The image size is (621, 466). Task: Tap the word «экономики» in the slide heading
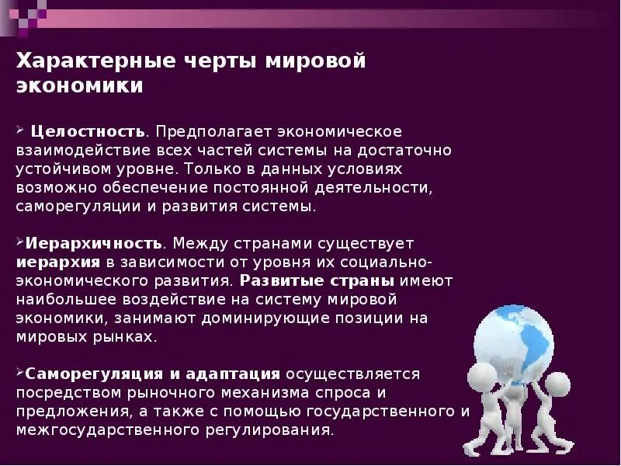(80, 86)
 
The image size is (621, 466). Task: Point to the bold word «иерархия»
(59, 262)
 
